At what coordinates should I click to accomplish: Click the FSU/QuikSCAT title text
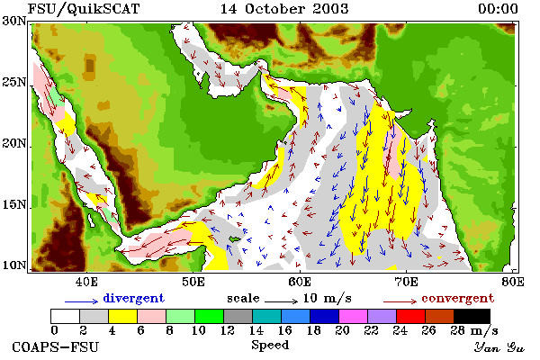[84, 9]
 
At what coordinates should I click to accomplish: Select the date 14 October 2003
[284, 9]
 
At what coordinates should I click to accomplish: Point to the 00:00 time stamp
[498, 9]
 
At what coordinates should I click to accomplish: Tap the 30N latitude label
[14, 21]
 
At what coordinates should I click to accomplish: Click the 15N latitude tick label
[14, 205]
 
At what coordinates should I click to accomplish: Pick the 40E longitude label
[86, 282]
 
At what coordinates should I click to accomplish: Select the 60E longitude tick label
[300, 282]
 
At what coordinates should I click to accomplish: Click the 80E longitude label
[513, 282]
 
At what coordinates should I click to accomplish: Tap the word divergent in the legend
[133, 298]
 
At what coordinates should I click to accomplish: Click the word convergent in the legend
[458, 298]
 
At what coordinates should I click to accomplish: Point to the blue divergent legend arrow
[82, 301]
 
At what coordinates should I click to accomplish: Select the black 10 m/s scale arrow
[281, 301]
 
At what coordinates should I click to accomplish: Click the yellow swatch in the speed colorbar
[123, 316]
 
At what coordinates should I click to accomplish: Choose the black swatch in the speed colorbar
[472, 316]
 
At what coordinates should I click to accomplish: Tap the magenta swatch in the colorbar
[354, 316]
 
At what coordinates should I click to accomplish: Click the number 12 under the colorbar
[228, 330]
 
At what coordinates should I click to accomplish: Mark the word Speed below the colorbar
[270, 346]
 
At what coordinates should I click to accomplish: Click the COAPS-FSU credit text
[56, 346]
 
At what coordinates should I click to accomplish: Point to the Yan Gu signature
[499, 347]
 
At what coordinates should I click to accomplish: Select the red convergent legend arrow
[400, 301]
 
